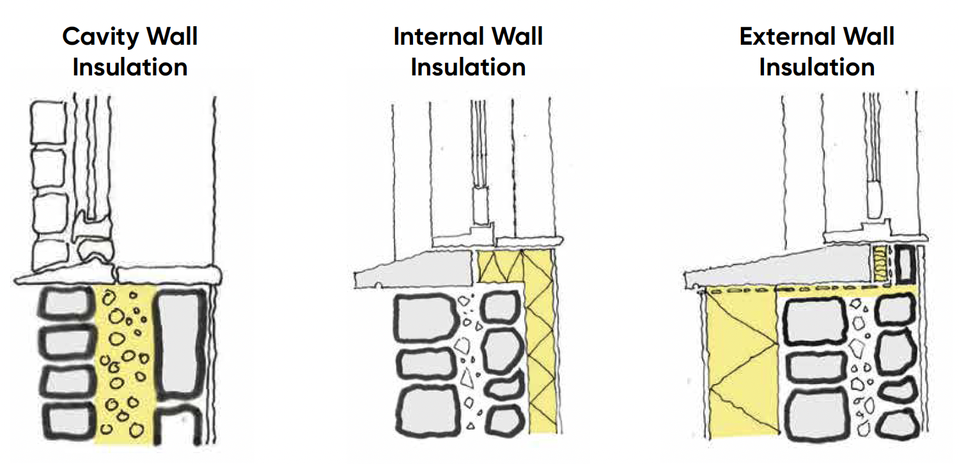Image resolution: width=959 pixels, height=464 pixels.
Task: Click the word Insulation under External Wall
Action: [816, 66]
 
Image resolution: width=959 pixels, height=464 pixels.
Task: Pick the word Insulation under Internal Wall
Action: [468, 66]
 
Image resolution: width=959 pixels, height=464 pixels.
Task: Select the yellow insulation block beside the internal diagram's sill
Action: [499, 267]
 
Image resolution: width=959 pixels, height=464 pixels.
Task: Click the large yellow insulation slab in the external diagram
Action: [742, 364]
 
